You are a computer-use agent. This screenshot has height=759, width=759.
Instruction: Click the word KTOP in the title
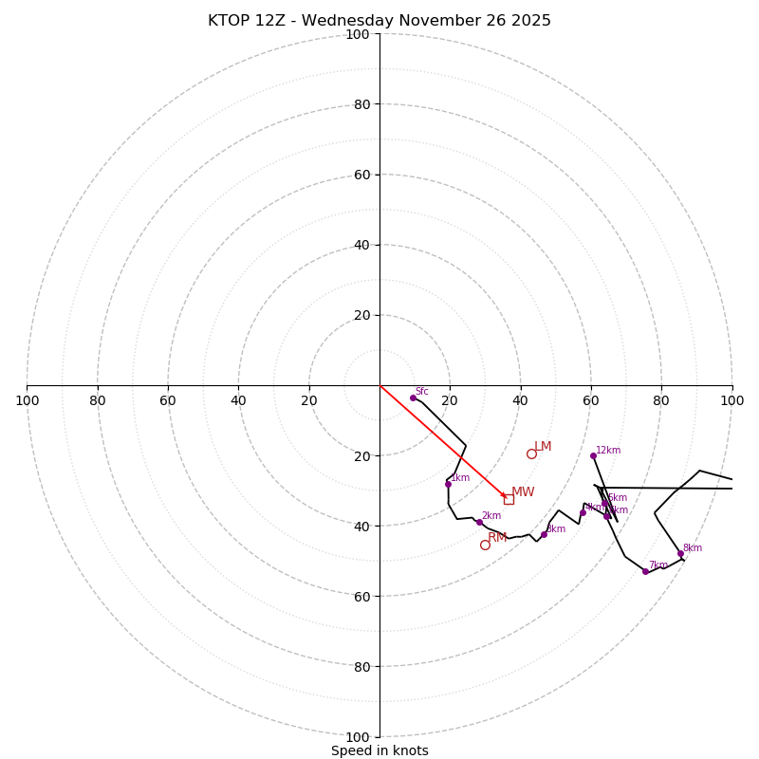pos(229,21)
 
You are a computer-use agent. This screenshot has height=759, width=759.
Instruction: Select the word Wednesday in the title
pos(354,21)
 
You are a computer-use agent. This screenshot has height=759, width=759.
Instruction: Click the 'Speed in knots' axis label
pos(379,751)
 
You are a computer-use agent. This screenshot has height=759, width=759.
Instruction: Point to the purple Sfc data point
pos(413,398)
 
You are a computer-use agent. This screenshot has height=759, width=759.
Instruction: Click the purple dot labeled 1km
pos(448,484)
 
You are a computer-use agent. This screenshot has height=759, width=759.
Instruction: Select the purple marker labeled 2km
pos(479,522)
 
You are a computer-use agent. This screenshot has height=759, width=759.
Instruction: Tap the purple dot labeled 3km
pos(544,534)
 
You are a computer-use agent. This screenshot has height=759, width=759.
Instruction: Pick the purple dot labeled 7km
pos(645,571)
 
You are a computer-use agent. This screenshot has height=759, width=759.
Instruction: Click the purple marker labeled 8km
pos(680,553)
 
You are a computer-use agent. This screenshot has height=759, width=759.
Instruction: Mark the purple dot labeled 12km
pos(593,455)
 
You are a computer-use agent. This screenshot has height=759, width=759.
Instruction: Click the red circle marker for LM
pos(531,454)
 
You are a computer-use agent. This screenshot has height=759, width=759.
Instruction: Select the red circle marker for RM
pos(485,545)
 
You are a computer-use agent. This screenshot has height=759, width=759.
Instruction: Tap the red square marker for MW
pos(509,499)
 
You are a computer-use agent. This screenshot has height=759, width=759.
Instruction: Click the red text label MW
pos(523,492)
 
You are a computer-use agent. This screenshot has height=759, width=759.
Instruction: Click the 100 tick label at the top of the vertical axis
pos(358,34)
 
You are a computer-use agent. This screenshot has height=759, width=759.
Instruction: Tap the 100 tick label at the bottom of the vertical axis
pos(358,736)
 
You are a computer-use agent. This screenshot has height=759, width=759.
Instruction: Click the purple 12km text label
pos(608,451)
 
